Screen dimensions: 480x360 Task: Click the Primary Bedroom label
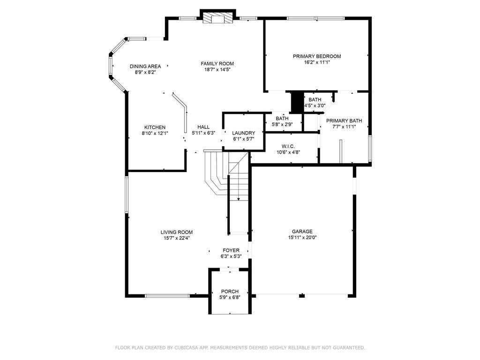pyautogui.click(x=317, y=56)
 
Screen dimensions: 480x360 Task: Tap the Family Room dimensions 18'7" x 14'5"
pyautogui.click(x=217, y=69)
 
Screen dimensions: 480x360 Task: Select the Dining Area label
pyautogui.click(x=145, y=67)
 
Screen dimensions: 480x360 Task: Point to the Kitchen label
pyautogui.click(x=155, y=127)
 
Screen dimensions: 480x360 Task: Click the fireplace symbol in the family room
pyautogui.click(x=217, y=18)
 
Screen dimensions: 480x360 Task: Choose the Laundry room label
pyautogui.click(x=244, y=133)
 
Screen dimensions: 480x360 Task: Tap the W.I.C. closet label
pyautogui.click(x=288, y=146)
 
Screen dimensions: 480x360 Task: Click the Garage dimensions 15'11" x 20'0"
pyautogui.click(x=302, y=237)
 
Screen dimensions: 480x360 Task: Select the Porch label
pyautogui.click(x=230, y=292)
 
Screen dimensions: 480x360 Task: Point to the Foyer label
pyautogui.click(x=231, y=250)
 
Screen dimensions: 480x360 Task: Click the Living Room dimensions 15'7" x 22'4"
pyautogui.click(x=177, y=238)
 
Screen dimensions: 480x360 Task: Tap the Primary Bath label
pyautogui.click(x=344, y=121)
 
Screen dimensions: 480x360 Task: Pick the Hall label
pyautogui.click(x=203, y=127)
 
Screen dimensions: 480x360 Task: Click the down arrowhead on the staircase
pyautogui.click(x=239, y=199)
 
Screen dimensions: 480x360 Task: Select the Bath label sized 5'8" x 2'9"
pyautogui.click(x=282, y=119)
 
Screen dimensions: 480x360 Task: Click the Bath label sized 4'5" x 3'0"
pyautogui.click(x=315, y=100)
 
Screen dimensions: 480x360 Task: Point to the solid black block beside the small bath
pyautogui.click(x=297, y=102)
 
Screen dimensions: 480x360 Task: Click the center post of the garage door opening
pyautogui.click(x=302, y=295)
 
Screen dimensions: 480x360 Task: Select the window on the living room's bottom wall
pyautogui.click(x=167, y=296)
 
